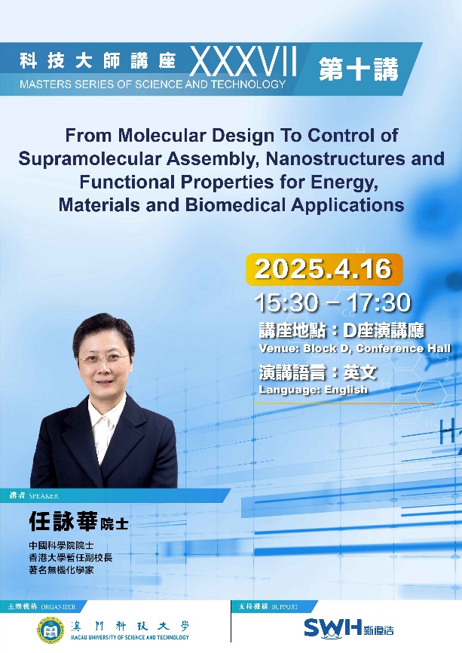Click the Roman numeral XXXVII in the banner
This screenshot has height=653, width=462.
pyautogui.click(x=243, y=61)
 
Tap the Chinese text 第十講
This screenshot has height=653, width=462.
pyautogui.click(x=359, y=69)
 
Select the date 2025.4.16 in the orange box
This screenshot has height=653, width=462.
pyautogui.click(x=323, y=269)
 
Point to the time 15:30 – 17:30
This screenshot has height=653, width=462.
pyautogui.click(x=332, y=302)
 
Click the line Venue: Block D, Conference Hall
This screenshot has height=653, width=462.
pyautogui.click(x=355, y=348)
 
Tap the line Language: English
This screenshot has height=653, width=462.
pyautogui.click(x=313, y=389)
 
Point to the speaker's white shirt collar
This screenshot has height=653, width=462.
pyautogui.click(x=104, y=416)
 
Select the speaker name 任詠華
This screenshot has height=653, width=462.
pyautogui.click(x=63, y=521)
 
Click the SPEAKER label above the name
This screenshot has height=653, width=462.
pyautogui.click(x=43, y=495)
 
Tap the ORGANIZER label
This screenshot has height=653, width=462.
pyautogui.click(x=58, y=606)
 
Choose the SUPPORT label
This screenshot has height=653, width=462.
pyautogui.click(x=285, y=606)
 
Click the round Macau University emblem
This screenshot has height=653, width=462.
pyautogui.click(x=50, y=630)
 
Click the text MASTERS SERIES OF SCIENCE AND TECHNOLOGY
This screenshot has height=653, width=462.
pyautogui.click(x=153, y=84)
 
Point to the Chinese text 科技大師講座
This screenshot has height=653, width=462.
pyautogui.click(x=98, y=61)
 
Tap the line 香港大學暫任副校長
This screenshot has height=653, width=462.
pyautogui.click(x=70, y=557)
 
